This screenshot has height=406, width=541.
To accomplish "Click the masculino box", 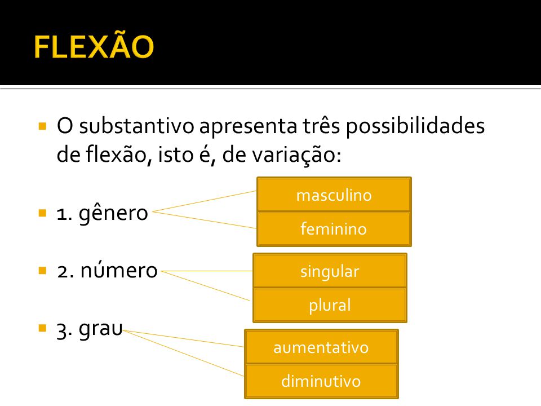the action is tap(334, 195).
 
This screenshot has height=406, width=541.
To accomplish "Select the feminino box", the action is tap(334, 229).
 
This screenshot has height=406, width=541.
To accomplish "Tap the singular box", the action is tap(330, 271).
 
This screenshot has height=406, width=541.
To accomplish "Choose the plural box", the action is tap(330, 305).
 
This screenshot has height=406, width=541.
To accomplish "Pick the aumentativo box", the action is tap(321, 347).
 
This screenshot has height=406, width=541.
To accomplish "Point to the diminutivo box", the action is tap(321, 382).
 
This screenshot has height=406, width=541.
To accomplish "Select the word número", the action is tap(119, 270).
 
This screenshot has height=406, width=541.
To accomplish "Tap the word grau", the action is tap(100, 329).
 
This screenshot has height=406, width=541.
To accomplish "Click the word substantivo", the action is tap(136, 126).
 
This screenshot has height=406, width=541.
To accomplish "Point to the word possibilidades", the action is tap(415, 126).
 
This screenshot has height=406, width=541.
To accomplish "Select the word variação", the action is tap(296, 156).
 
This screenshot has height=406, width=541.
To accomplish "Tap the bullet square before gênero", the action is tap(42, 213).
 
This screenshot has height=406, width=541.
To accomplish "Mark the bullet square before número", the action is tap(42, 270).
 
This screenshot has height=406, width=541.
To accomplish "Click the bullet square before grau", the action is tap(42, 328).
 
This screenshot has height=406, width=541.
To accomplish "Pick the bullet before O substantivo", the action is tap(42, 126).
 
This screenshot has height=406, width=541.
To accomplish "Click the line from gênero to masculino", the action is tap(205, 201).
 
